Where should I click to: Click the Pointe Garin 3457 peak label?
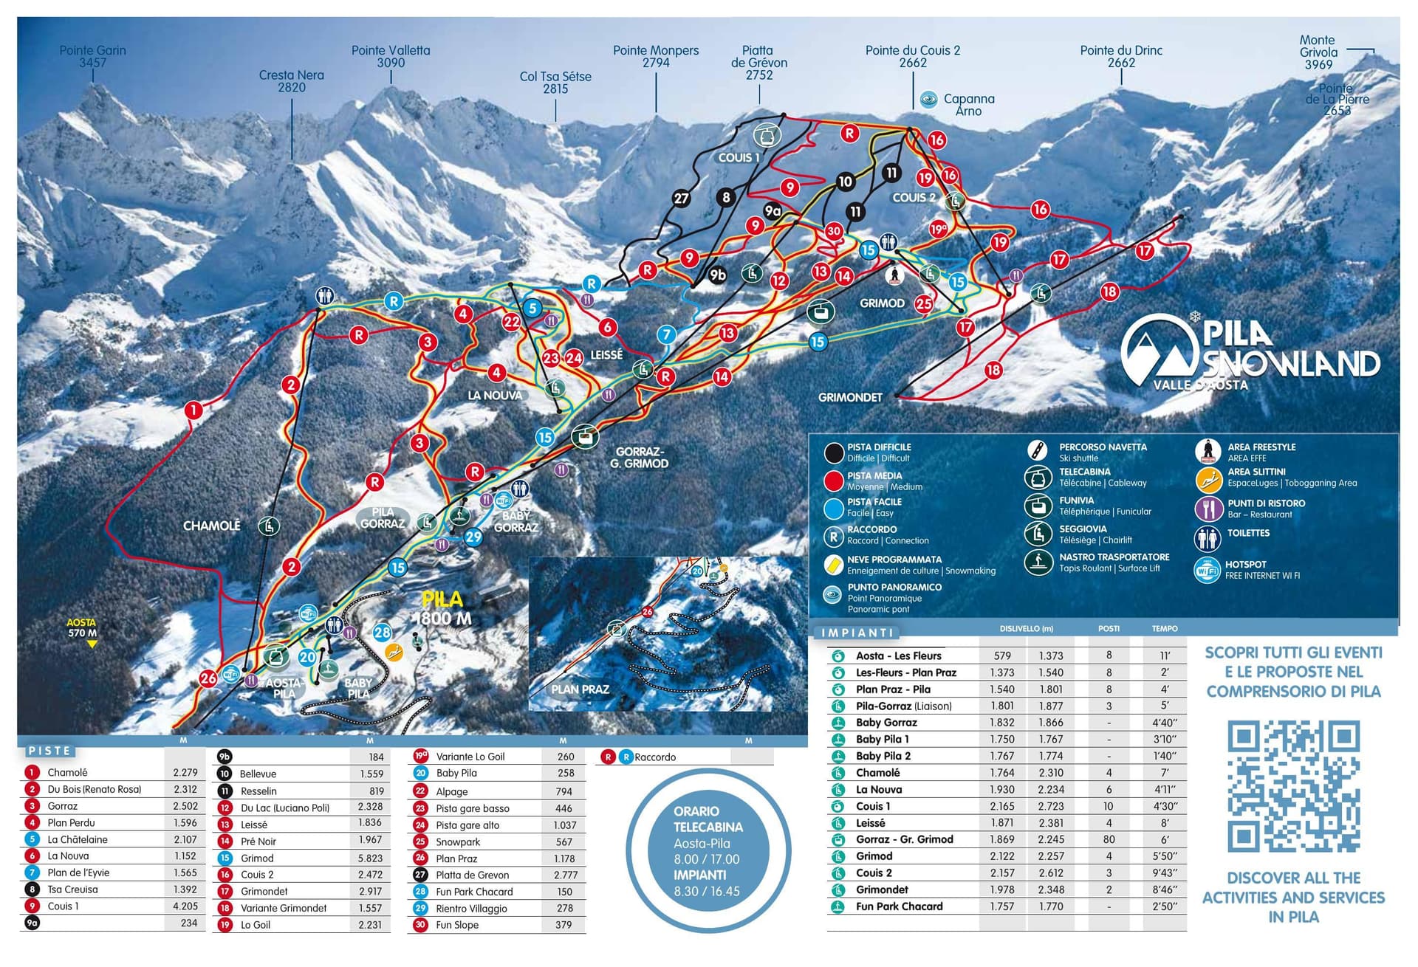[92, 56]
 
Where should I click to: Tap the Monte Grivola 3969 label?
[1318, 52]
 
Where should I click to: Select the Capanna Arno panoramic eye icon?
[928, 100]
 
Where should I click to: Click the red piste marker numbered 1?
[193, 410]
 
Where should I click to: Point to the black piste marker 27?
[681, 198]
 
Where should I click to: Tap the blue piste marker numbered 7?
[666, 334]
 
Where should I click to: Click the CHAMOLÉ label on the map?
[212, 526]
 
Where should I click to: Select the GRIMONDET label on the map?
[850, 397]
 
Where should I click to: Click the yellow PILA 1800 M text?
[442, 608]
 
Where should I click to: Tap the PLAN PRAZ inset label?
[580, 689]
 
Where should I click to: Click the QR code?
[1293, 786]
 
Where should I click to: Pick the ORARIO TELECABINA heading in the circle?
[708, 819]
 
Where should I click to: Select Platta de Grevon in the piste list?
[472, 875]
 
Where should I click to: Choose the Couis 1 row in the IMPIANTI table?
[873, 806]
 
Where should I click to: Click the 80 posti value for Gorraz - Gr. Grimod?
[1109, 839]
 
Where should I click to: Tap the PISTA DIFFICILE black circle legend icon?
[834, 452]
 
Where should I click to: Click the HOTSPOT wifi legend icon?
[1208, 571]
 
